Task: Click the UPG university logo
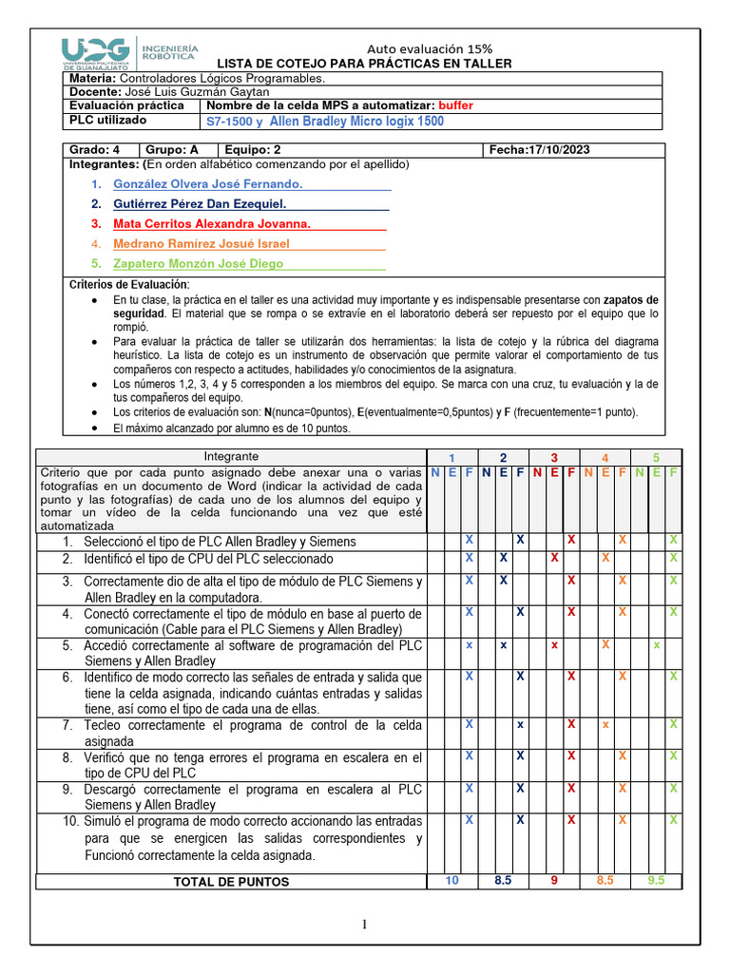coord(130,55)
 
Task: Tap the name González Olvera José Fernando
coord(207,183)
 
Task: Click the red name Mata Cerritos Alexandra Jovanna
coord(212,224)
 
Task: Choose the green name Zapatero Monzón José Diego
coord(198,264)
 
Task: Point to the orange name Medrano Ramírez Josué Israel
coord(201,244)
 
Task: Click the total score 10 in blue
coord(451,881)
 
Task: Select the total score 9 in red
coord(553,881)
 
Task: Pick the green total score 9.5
coord(656,881)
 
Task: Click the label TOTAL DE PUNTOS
coord(231,882)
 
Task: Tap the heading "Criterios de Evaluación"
coord(130,285)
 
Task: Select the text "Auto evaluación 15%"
coord(430,49)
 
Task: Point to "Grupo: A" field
coord(172,150)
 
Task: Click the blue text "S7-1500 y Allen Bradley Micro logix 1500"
coord(324,122)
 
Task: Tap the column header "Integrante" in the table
coord(232,457)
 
